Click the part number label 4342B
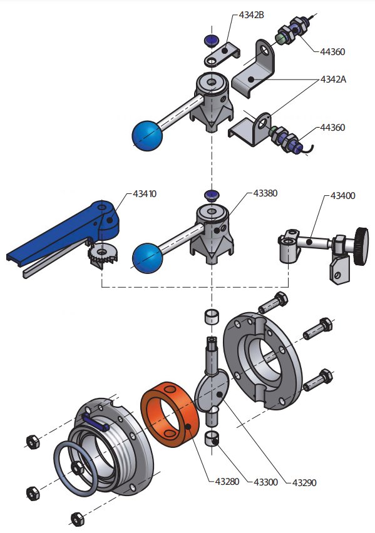[251, 15]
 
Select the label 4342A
[333, 79]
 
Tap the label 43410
[145, 194]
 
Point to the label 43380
[265, 193]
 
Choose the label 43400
[342, 196]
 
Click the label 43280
[227, 481]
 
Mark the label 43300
[266, 482]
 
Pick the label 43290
[304, 482]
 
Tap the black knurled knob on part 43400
[361, 246]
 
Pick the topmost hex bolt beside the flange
[273, 303]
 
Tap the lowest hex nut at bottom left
[77, 519]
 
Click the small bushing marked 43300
[212, 438]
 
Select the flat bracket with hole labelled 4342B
[222, 54]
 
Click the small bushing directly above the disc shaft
[212, 317]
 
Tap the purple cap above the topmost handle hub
[212, 40]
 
